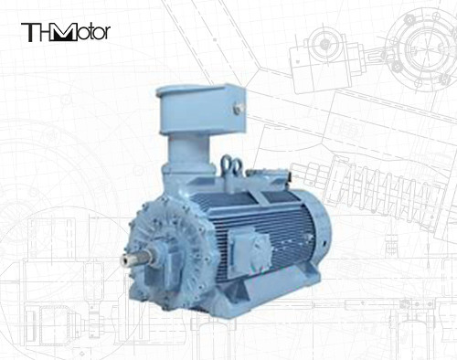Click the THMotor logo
coord(66,32)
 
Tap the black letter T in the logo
coord(28,32)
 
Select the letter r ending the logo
coord(107,34)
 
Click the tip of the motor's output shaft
coord(124,259)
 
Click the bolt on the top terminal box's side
coord(238,108)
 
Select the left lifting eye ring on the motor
coord(227,164)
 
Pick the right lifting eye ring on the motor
coord(236,167)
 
